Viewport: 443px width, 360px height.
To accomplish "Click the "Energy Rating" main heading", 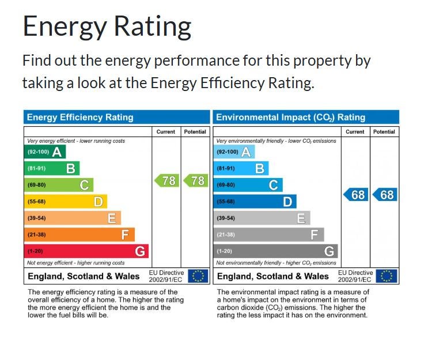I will point(107,26).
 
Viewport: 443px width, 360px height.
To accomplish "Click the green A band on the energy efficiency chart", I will point(44,152).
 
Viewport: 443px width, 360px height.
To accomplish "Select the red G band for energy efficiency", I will point(86,251).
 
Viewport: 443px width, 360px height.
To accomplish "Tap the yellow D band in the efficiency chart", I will point(65,202).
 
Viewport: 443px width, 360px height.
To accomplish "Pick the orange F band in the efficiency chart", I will point(79,235).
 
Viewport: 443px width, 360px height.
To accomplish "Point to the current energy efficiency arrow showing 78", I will point(166,181).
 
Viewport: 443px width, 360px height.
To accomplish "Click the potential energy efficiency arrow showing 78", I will point(195,181).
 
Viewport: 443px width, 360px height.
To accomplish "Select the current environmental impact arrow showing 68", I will point(355,195).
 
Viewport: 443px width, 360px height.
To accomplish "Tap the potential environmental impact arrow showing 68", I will point(384,195).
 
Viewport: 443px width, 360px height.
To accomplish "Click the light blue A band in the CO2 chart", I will point(233,152).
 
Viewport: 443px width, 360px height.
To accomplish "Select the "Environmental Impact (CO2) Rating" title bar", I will point(306,117).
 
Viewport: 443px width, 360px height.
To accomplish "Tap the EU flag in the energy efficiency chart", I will point(198,276).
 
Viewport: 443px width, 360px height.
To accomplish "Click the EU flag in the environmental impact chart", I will point(387,276).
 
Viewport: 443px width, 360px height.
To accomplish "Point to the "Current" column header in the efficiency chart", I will point(166,132).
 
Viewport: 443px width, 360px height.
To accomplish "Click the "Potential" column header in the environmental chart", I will point(384,132).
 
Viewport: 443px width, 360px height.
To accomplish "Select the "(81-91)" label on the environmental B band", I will point(226,169).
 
